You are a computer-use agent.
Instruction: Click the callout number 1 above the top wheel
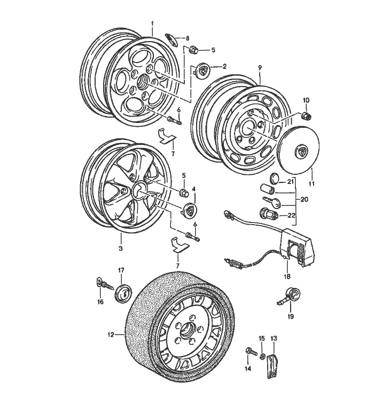152,24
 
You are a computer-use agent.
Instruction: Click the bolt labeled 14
250,351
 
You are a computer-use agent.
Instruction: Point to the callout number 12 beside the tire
110,335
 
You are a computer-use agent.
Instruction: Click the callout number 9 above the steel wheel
260,67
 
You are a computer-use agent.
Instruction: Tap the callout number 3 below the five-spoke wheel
120,248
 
